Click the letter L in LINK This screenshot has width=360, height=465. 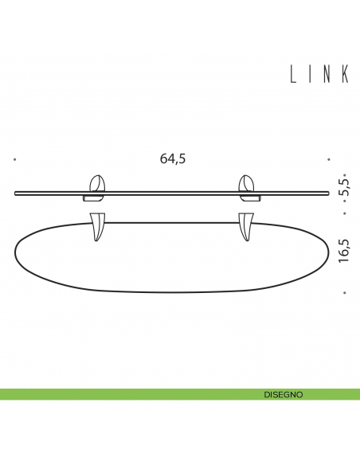293,74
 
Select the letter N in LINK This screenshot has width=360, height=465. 327,74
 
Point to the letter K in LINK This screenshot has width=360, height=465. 346,74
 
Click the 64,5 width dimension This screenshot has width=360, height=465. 173,158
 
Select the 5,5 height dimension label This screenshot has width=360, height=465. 344,188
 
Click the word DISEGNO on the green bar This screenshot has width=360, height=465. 283,394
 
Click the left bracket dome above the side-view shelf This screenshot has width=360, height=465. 97,183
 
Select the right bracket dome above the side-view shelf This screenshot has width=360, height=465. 248,183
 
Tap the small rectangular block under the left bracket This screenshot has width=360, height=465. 94,197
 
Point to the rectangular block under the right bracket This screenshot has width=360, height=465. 248,197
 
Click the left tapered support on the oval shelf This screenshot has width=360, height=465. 99,226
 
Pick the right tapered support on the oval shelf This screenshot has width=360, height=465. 245,226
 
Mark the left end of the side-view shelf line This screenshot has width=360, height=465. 16,192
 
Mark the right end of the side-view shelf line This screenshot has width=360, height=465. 328,192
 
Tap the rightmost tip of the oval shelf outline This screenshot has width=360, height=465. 329,249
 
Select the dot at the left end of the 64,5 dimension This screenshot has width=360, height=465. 15,159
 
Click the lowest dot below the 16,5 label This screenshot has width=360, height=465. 344,293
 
